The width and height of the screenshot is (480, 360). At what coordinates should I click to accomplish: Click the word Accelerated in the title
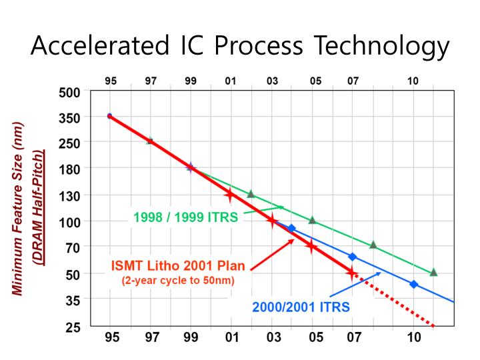(x=99, y=46)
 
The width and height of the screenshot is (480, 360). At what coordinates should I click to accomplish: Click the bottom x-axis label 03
(x=273, y=337)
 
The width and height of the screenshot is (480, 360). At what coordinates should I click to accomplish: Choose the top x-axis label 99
(x=191, y=81)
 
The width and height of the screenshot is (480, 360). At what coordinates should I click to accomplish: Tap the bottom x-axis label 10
(x=414, y=337)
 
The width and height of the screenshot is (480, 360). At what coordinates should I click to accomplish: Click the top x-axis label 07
(x=353, y=81)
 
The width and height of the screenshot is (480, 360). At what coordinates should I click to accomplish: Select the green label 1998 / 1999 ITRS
(x=185, y=217)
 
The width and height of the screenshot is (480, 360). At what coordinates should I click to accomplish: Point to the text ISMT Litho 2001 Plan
(x=177, y=266)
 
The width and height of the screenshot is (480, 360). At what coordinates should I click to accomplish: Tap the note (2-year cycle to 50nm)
(x=177, y=280)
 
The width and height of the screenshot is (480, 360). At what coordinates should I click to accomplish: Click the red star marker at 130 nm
(x=230, y=195)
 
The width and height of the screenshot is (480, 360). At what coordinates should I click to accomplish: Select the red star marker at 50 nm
(x=351, y=272)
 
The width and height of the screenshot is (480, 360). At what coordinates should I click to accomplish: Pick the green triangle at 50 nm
(x=433, y=272)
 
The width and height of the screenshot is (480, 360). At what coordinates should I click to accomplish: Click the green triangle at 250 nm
(x=150, y=141)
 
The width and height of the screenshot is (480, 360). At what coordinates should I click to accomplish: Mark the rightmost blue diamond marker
(x=413, y=284)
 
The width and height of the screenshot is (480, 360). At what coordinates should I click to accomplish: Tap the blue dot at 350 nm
(x=109, y=116)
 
